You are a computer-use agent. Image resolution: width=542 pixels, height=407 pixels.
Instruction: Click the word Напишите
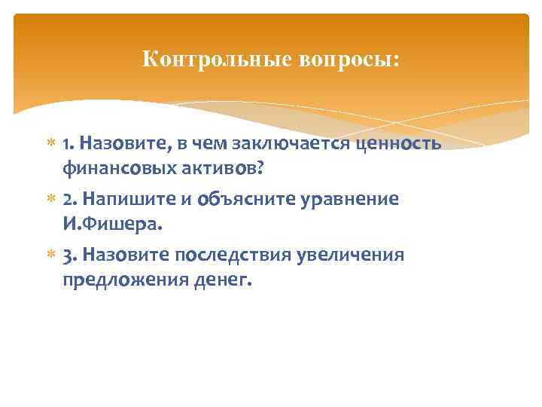130,200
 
